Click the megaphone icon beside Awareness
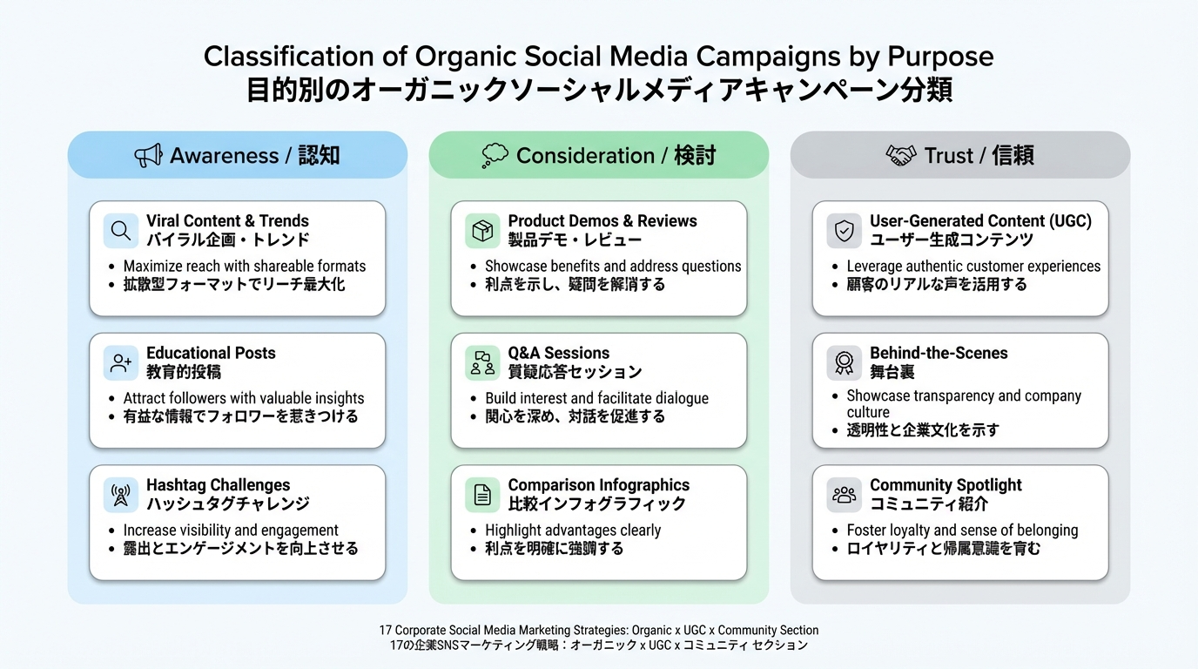click(x=148, y=156)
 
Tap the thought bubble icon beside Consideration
click(x=495, y=156)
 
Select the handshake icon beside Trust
click(x=900, y=156)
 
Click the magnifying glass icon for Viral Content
click(x=121, y=231)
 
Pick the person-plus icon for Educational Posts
click(x=121, y=363)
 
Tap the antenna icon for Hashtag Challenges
click(x=121, y=495)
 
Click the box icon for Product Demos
click(x=482, y=231)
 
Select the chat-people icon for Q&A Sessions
click(x=482, y=363)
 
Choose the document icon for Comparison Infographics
click(x=482, y=495)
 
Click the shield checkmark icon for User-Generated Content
click(x=844, y=231)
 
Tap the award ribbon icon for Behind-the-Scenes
click(x=844, y=363)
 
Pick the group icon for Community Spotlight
click(x=844, y=495)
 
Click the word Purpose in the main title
click(x=940, y=57)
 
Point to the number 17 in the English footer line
click(x=386, y=630)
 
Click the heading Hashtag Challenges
click(x=218, y=485)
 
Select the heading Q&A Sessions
click(x=559, y=353)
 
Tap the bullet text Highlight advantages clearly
click(x=573, y=530)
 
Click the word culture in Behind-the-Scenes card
click(x=868, y=412)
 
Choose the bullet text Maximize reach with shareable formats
click(x=245, y=266)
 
